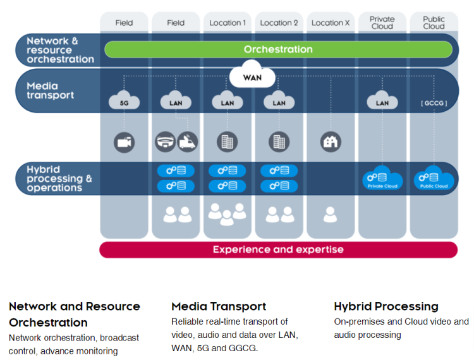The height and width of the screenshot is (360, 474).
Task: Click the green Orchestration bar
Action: [278, 49]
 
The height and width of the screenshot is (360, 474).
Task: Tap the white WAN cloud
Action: [252, 78]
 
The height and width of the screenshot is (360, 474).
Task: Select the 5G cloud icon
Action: [125, 101]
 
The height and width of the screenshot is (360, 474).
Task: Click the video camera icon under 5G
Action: [125, 142]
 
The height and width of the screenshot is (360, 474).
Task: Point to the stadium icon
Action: [165, 141]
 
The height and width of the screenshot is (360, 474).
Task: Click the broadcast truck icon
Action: [187, 141]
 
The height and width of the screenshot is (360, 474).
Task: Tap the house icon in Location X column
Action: [330, 141]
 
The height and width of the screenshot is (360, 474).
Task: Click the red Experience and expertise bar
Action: [278, 249]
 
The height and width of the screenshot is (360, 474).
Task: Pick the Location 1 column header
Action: [228, 23]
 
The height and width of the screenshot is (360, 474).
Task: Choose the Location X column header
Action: [330, 23]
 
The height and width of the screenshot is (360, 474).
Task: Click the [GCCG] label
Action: [434, 102]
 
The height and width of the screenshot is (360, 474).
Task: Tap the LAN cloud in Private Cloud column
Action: [382, 101]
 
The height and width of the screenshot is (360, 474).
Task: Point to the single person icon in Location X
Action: [330, 215]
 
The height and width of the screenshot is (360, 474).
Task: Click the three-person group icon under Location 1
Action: [228, 214]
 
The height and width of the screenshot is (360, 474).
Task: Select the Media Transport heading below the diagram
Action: [219, 306]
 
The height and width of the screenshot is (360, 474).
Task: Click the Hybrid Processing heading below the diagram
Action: [386, 306]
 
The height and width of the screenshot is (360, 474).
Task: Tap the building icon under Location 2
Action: [279, 141]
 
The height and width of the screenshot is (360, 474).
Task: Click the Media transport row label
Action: [51, 90]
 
